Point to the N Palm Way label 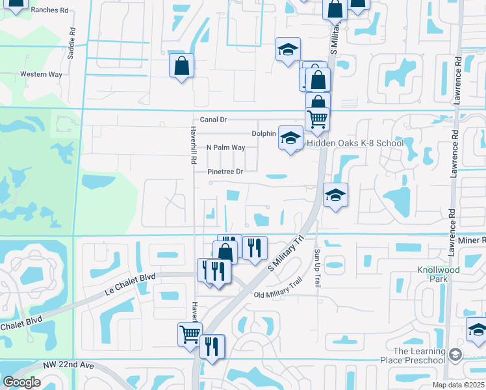click(225, 148)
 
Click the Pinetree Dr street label click(225, 172)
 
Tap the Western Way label click(41, 74)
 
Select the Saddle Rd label click(71, 44)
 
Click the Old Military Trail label click(277, 295)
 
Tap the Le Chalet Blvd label click(131, 285)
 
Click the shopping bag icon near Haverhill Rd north click(182, 66)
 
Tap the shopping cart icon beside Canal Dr click(317, 118)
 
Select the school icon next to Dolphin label click(290, 137)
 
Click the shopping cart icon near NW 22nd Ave click(190, 334)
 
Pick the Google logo click(21, 382)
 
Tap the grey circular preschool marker click(456, 354)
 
